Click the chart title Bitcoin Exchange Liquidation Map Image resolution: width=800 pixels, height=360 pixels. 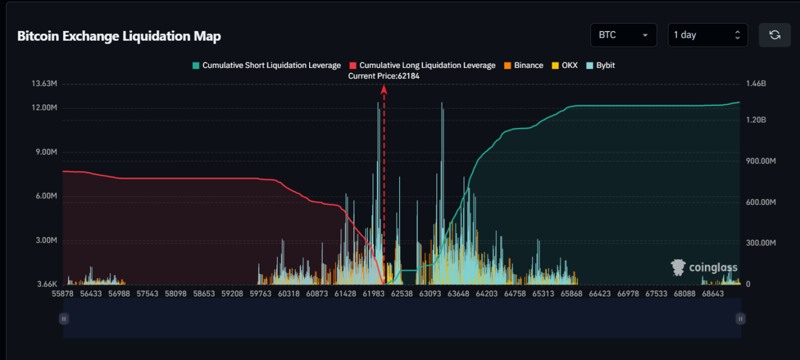[119, 36]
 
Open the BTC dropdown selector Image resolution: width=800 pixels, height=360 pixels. [623, 35]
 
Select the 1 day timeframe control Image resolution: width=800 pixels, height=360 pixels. [707, 35]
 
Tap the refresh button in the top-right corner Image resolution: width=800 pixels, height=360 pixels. [775, 35]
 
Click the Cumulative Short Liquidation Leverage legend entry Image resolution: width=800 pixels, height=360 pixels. [267, 65]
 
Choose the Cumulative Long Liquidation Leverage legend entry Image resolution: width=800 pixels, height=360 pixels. [422, 65]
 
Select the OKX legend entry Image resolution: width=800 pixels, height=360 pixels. [565, 65]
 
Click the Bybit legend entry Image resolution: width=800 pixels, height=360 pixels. [601, 65]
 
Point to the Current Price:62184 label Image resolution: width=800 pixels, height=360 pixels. [384, 76]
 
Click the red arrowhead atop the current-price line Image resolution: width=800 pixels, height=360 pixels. [384, 89]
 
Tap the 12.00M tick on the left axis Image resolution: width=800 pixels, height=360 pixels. [44, 108]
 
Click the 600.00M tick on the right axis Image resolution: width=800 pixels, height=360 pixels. [761, 202]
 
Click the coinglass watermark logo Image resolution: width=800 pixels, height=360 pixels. [704, 267]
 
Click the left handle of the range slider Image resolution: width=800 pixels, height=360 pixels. [64, 319]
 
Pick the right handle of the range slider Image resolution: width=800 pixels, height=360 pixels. [740, 319]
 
